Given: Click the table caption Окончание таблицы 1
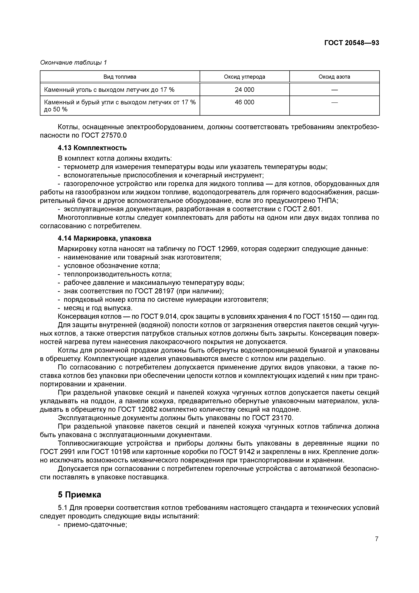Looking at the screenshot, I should point(74,63).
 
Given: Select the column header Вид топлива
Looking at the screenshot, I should point(120,77).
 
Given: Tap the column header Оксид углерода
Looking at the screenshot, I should point(244,77).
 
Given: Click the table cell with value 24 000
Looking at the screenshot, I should point(244,90).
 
